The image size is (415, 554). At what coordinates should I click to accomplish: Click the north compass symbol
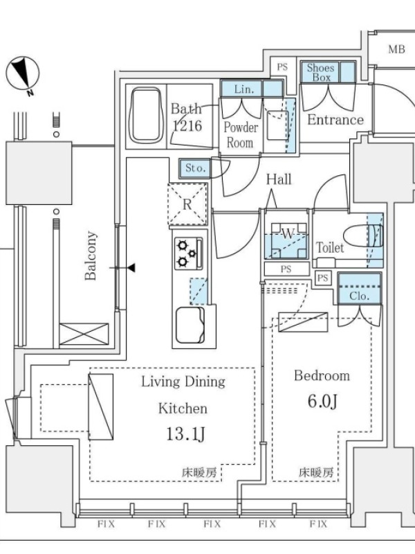[23, 73]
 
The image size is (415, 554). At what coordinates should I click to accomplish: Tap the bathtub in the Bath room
[147, 115]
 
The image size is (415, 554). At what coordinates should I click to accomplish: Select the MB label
[396, 49]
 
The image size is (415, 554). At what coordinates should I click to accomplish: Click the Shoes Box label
[320, 73]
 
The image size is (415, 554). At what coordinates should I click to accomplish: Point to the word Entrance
[335, 120]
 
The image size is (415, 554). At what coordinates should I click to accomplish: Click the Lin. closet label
[244, 89]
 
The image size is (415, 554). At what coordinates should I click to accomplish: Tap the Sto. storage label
[195, 168]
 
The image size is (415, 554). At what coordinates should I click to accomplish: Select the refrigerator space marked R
[187, 204]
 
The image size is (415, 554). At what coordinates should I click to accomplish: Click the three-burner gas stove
[188, 253]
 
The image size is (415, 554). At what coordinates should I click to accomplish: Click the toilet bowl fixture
[362, 236]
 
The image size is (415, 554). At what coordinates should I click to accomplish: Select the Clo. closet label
[359, 296]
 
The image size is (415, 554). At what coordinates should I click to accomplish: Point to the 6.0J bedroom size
[322, 401]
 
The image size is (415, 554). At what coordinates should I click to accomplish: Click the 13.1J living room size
[185, 434]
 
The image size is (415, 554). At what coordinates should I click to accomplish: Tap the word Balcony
[91, 256]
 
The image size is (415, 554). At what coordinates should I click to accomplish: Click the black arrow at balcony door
[131, 268]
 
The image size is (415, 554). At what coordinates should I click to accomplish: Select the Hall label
[279, 179]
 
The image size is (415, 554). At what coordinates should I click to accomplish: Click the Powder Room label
[241, 135]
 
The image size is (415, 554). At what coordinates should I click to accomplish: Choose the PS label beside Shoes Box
[282, 66]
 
